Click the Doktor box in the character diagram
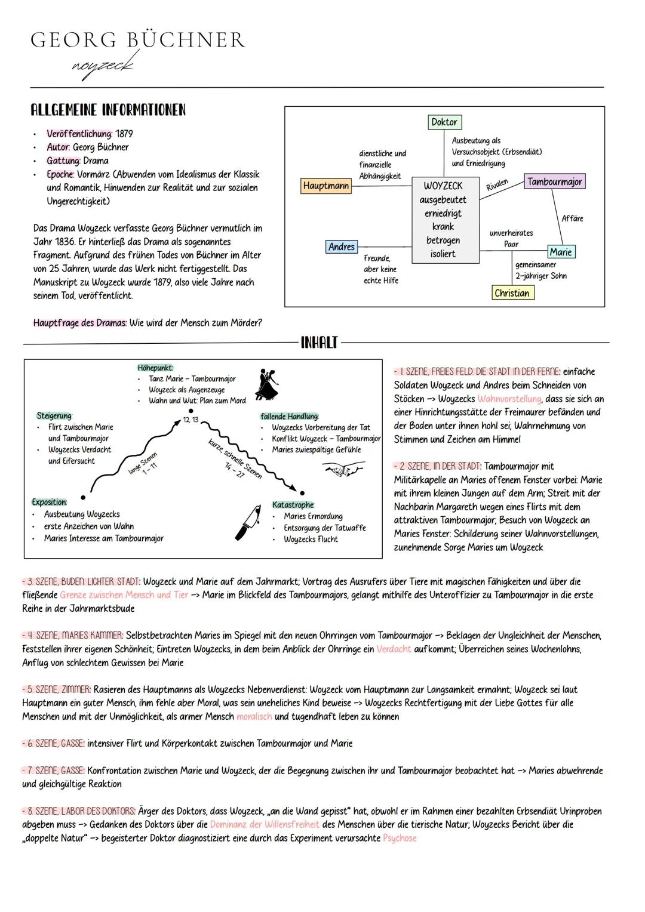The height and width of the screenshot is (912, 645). click(444, 122)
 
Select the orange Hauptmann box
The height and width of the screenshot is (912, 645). click(325, 186)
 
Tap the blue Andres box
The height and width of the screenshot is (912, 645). click(341, 247)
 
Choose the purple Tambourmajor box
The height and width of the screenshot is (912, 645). click(554, 181)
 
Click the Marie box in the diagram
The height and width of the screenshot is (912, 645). click(561, 252)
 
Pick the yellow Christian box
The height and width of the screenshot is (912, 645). click(512, 293)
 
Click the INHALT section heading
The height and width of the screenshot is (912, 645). click(319, 343)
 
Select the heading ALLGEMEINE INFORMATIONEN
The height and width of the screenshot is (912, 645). click(108, 110)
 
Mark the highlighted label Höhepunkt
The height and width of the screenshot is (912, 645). click(155, 368)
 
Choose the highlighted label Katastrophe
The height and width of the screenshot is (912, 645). click(293, 505)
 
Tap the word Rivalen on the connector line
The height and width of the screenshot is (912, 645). click(497, 184)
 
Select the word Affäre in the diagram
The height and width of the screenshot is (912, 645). click(572, 219)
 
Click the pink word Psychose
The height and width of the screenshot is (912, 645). click(400, 838)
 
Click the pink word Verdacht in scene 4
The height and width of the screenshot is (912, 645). click(394, 649)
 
